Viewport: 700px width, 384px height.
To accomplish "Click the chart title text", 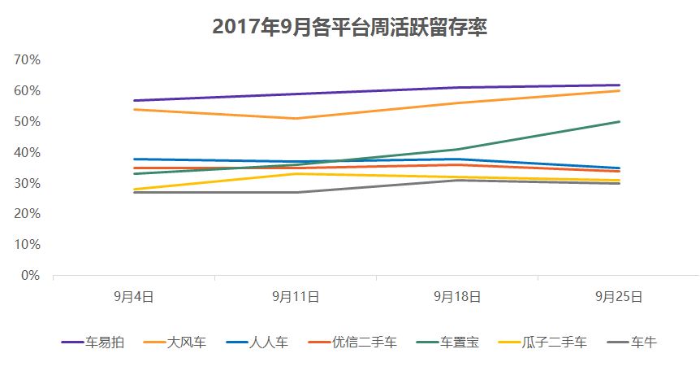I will click(349, 26).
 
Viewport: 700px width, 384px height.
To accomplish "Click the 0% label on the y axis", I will click(31, 275).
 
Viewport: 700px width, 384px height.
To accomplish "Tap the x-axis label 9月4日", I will click(133, 297).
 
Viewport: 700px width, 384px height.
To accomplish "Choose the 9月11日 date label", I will click(296, 297).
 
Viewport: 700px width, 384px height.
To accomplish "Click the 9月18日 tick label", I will click(457, 297).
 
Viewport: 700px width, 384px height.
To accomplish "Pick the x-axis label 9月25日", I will click(620, 297).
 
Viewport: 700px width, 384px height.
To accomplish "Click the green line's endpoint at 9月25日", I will click(620, 122).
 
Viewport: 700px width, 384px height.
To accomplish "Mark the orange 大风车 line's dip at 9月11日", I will click(296, 119).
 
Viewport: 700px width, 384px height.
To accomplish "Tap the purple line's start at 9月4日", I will click(133, 101).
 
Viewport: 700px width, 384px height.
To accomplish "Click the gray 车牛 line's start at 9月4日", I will click(133, 193).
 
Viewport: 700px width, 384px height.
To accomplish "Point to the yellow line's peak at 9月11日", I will click(296, 173).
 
